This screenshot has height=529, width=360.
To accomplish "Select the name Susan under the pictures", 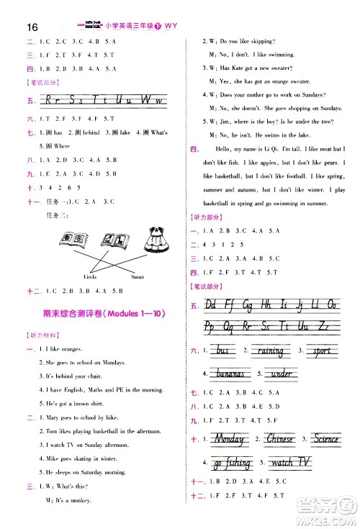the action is click(x=138, y=276).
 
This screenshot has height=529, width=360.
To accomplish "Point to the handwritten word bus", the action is click(x=222, y=351).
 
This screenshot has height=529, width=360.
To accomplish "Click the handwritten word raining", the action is click(x=270, y=351).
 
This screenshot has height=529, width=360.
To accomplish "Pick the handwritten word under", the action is click(x=279, y=374).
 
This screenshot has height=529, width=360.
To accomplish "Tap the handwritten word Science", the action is click(x=326, y=438).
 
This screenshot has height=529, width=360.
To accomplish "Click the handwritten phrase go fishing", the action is click(x=233, y=463).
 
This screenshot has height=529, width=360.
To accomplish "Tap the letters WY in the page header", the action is click(x=171, y=27).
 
